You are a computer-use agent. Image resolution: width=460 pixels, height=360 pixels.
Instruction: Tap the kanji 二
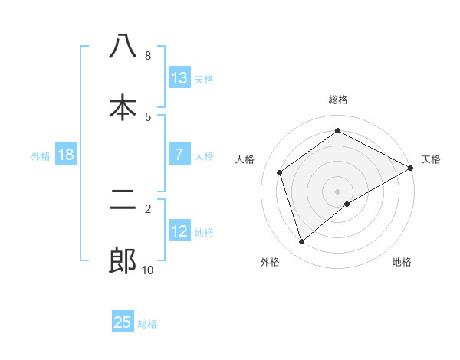[x=123, y=201]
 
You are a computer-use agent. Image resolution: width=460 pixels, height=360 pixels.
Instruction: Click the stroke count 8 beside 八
[x=147, y=55]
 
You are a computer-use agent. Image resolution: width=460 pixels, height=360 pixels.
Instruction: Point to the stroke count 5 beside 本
[x=147, y=116]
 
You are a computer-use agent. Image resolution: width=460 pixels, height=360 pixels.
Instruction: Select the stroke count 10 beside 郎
[x=147, y=270]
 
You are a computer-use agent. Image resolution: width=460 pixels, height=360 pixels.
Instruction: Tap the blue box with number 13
[x=179, y=78]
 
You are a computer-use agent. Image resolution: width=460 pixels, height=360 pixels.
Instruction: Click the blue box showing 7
[x=179, y=155]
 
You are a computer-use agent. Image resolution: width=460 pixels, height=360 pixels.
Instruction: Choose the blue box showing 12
[x=179, y=231]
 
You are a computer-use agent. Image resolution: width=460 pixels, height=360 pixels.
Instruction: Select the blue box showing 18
[x=66, y=155]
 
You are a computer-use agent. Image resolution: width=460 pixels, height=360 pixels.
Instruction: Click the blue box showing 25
[x=123, y=322]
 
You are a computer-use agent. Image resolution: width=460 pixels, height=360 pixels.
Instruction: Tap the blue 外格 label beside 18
[x=41, y=155]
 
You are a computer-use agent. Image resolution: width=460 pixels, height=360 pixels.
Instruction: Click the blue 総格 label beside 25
[x=147, y=324]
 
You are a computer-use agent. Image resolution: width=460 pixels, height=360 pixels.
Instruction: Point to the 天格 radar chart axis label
[x=431, y=159]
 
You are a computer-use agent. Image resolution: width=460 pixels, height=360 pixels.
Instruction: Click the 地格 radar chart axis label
[x=402, y=262]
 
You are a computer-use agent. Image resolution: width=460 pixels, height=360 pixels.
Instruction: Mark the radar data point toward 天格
[x=411, y=168]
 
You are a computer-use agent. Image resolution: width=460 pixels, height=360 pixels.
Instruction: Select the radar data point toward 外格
[x=301, y=242]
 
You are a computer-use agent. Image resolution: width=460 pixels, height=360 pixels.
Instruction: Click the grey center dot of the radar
[x=338, y=191]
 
